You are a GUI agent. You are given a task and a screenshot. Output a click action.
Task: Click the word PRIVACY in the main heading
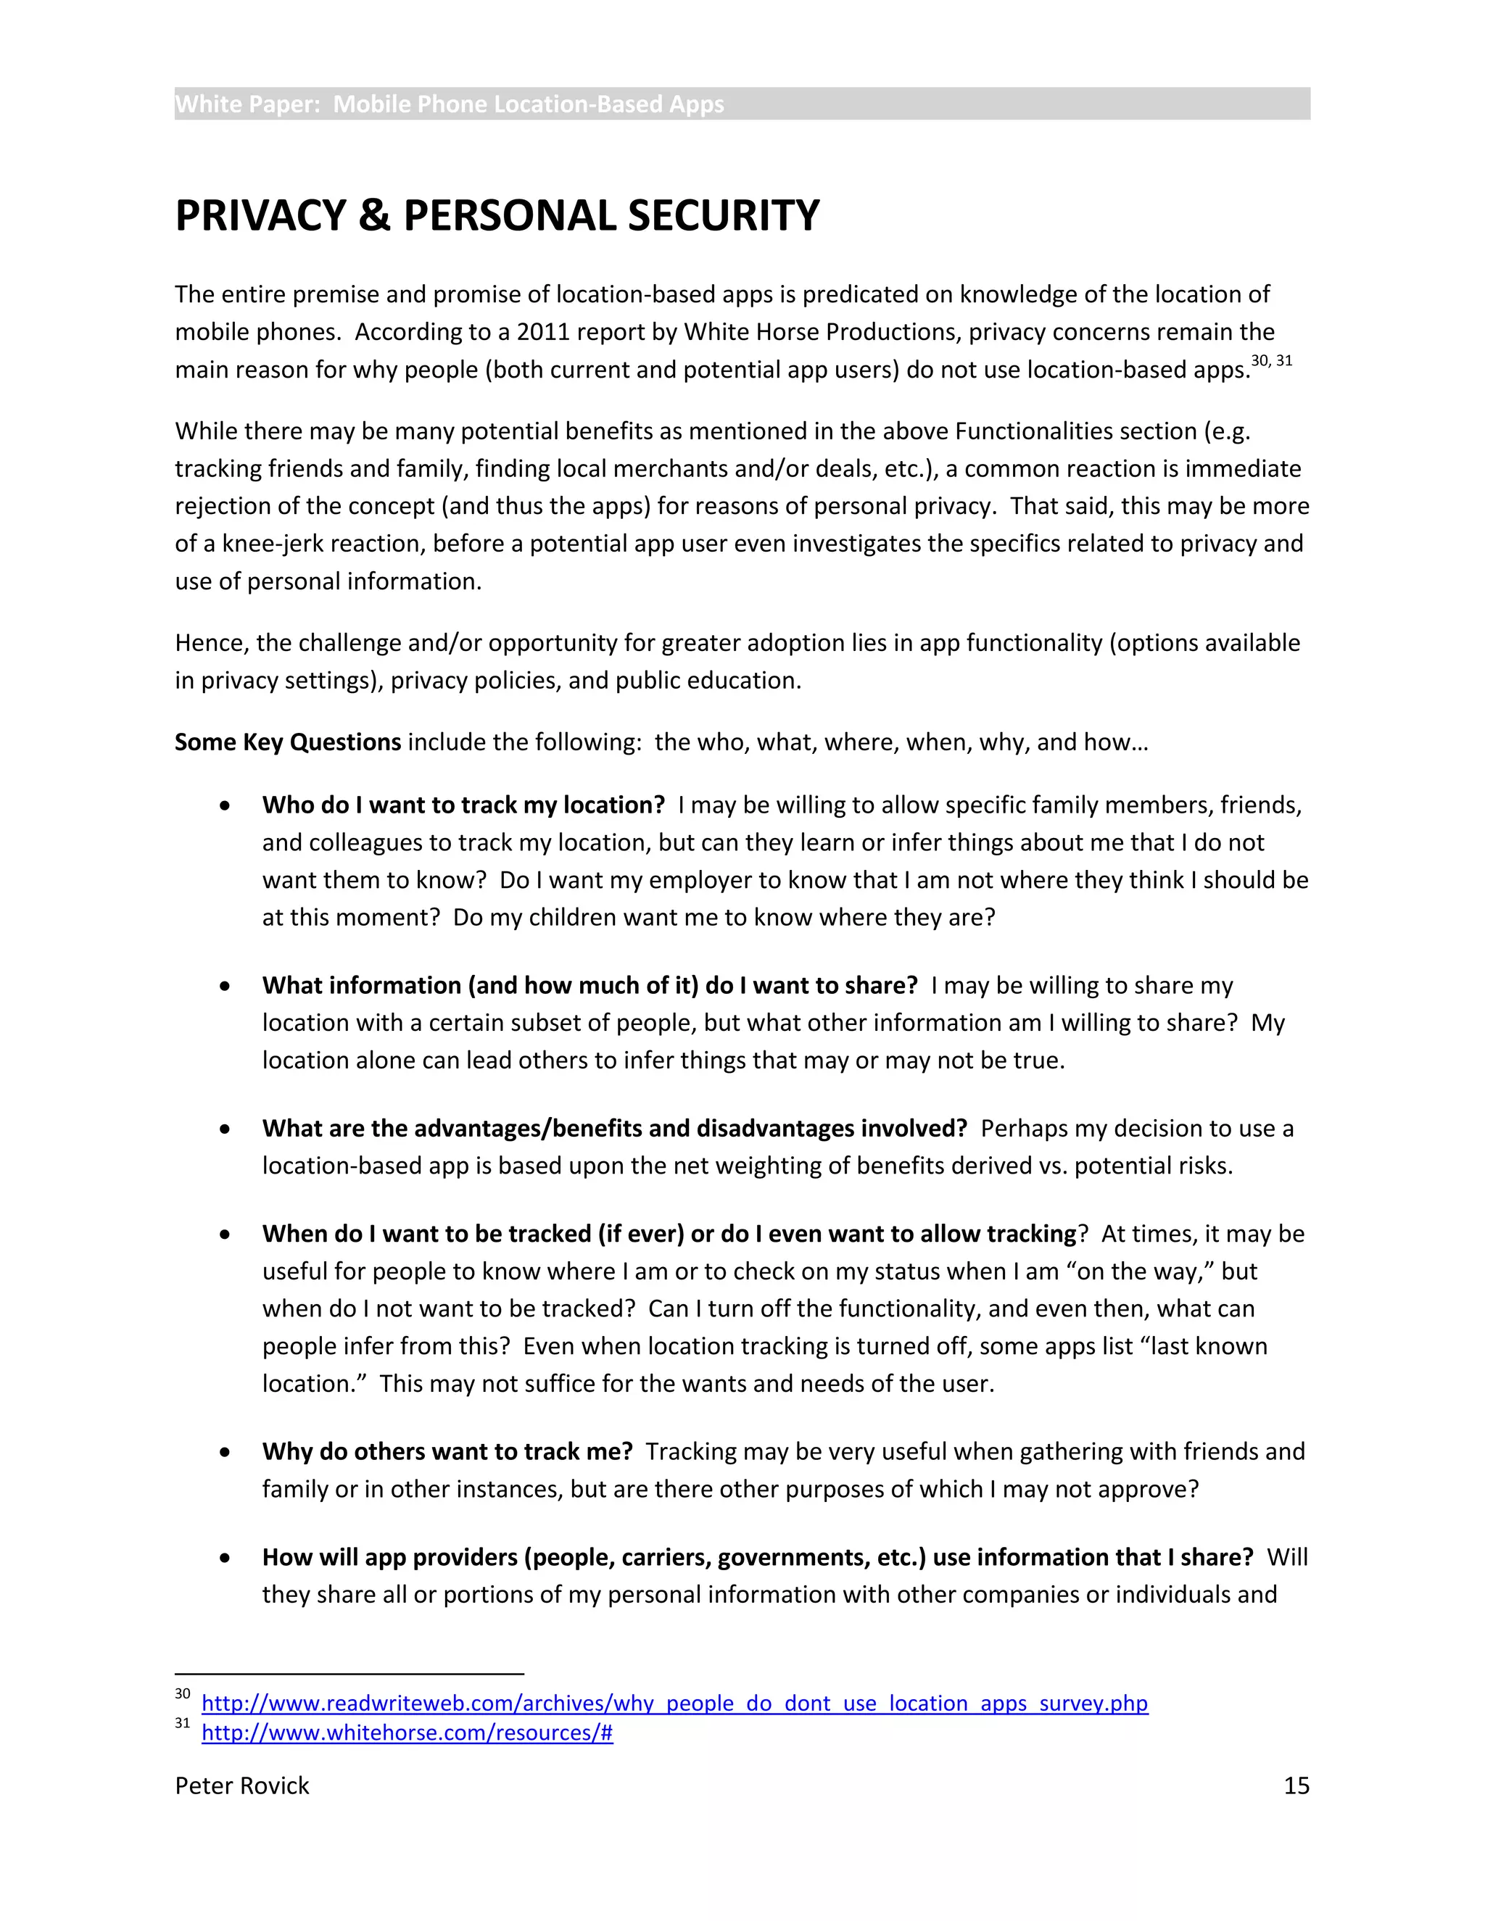(260, 216)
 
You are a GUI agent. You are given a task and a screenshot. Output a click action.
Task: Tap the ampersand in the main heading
(374, 216)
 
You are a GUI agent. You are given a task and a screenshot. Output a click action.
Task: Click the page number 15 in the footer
(1296, 1785)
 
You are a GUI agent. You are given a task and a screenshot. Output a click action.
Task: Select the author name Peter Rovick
(242, 1785)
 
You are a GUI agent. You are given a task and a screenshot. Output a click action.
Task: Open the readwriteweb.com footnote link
(674, 1703)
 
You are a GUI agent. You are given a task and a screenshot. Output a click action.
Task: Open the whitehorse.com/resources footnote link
(407, 1732)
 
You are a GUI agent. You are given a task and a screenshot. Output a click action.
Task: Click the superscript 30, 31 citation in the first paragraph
(1271, 360)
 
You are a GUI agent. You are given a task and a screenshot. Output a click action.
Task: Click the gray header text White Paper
(247, 104)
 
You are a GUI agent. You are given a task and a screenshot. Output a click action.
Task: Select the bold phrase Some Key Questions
(288, 742)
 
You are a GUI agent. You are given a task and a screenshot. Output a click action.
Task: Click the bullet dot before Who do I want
(226, 805)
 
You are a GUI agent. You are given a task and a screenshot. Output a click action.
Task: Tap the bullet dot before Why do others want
(226, 1452)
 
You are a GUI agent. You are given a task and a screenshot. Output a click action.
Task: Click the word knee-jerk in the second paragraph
(270, 544)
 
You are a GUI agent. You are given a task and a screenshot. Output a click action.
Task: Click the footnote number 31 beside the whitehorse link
(182, 1723)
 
